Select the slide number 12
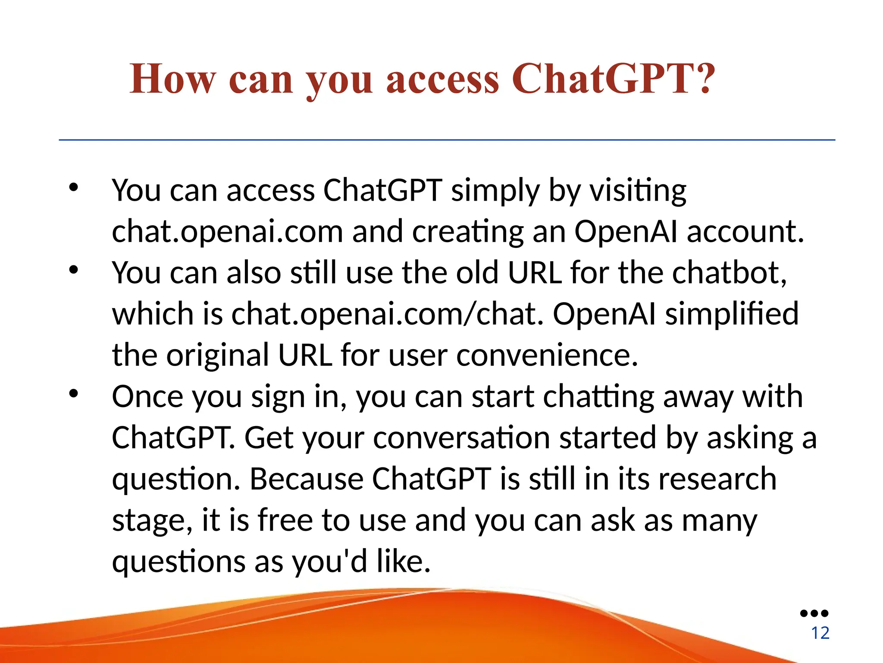click(x=820, y=633)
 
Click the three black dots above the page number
click(x=814, y=613)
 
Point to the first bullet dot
click(x=74, y=187)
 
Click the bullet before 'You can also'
click(x=74, y=270)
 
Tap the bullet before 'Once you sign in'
click(x=74, y=394)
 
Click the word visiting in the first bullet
click(x=638, y=191)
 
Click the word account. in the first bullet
click(x=745, y=232)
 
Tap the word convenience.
click(x=547, y=356)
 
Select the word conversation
click(x=461, y=438)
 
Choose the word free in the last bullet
click(x=285, y=520)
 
